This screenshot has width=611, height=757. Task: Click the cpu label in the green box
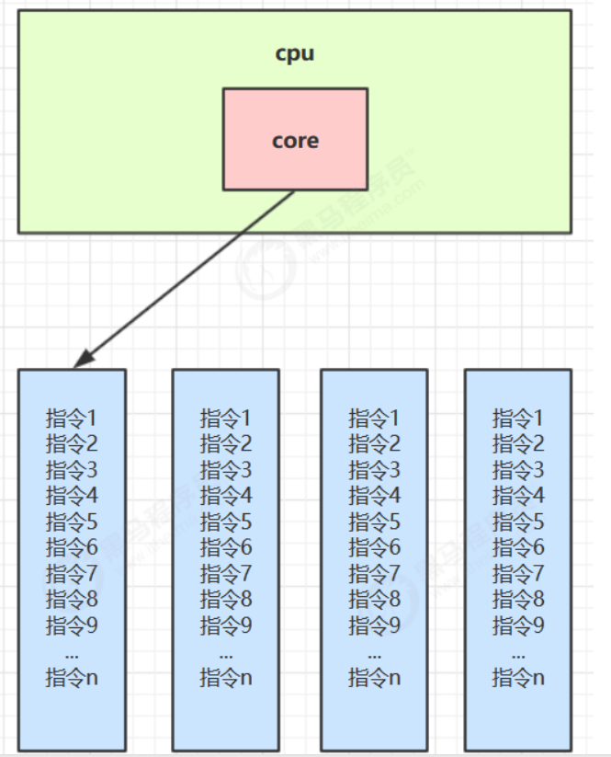[x=295, y=53]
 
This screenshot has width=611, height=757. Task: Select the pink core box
[x=295, y=140]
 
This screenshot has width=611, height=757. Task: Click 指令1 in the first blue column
[x=72, y=418]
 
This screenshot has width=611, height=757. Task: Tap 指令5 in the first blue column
[x=72, y=522]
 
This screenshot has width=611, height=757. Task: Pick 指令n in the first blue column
[x=72, y=679]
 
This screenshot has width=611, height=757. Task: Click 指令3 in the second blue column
[x=226, y=470]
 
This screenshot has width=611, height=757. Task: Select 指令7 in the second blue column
[x=226, y=574]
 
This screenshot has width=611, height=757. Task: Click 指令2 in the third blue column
[x=374, y=443]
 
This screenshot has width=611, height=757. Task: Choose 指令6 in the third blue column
[x=374, y=548]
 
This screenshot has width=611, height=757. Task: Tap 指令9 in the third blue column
[x=374, y=626]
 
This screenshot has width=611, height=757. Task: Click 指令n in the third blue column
[x=374, y=679]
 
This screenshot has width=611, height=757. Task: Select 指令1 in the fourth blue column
[x=518, y=418]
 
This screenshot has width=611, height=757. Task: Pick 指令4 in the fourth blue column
[x=518, y=496]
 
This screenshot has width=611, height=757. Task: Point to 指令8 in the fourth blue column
[x=518, y=601]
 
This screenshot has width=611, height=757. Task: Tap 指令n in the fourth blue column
[x=518, y=679]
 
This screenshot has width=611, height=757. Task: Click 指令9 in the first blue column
[x=72, y=626]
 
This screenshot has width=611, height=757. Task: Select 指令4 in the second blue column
[x=226, y=496]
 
